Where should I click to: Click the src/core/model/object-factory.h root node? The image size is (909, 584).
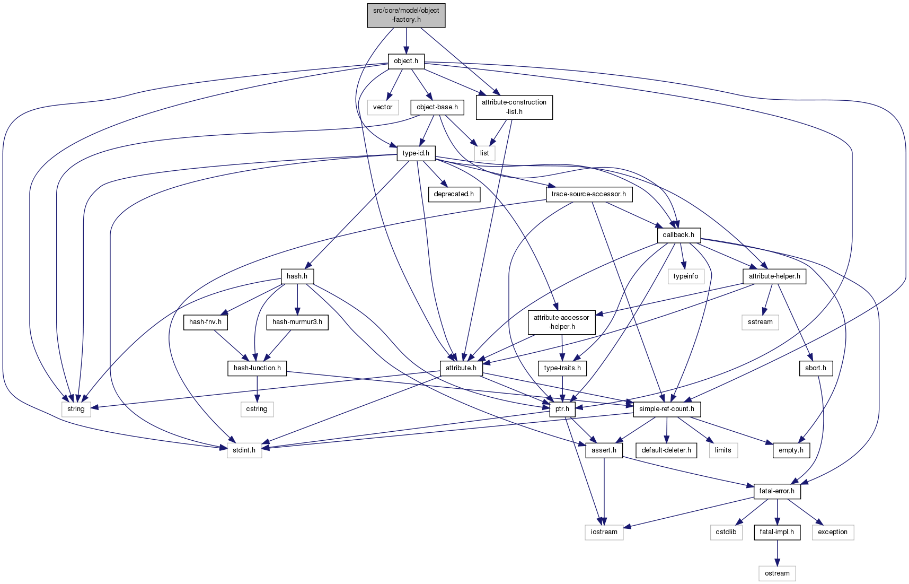(406, 15)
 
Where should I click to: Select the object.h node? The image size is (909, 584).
(406, 61)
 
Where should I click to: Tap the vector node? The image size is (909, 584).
(383, 107)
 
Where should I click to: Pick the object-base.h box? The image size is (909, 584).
(437, 107)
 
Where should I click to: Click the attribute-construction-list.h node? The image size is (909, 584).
(514, 107)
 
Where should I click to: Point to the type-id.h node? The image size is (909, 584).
(416, 153)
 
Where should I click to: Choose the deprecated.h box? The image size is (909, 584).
(454, 194)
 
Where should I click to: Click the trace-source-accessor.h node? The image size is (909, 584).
(588, 194)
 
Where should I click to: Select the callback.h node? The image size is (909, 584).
(678, 235)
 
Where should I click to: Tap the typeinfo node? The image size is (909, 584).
(686, 276)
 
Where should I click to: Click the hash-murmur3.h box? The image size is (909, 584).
(297, 322)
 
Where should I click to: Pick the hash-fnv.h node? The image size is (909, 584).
(205, 322)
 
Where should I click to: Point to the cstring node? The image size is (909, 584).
(257, 409)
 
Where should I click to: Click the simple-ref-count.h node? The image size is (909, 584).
(667, 409)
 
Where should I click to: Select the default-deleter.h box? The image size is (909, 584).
(666, 450)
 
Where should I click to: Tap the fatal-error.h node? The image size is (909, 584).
(777, 491)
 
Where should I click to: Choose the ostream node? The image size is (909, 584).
(777, 573)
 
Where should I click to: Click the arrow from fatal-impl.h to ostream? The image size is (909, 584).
(777, 552)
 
